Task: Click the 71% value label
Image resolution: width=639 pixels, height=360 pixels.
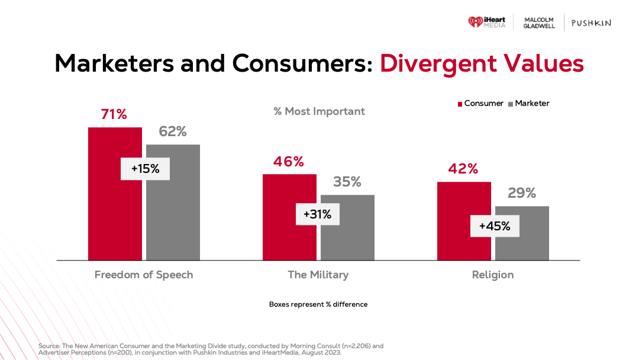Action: (x=114, y=114)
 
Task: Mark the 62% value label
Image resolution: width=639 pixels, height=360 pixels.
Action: (x=173, y=131)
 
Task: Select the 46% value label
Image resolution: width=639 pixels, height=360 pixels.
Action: (x=288, y=162)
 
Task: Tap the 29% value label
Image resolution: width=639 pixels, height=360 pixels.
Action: (x=522, y=193)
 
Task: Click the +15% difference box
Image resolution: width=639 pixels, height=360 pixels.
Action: (x=146, y=169)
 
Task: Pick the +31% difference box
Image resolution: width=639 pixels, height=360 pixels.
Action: (x=318, y=214)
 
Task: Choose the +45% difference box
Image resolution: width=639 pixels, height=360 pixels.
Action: (x=495, y=226)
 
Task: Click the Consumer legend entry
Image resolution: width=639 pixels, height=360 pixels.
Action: (x=480, y=104)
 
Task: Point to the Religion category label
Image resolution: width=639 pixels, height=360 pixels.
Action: (x=493, y=275)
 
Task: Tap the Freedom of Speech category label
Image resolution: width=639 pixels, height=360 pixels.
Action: (x=144, y=275)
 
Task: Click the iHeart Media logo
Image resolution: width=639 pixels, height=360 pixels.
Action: (x=486, y=22)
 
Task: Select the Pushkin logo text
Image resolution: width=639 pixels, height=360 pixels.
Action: (x=590, y=23)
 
